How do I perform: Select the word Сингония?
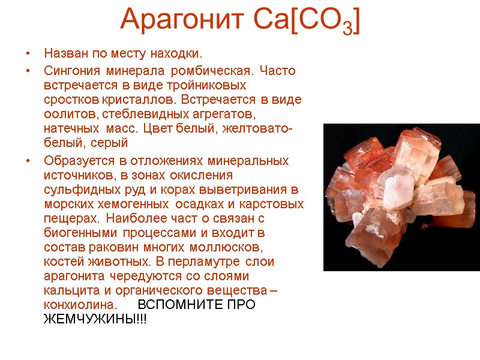[x=70, y=71]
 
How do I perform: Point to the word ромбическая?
[x=206, y=71]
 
